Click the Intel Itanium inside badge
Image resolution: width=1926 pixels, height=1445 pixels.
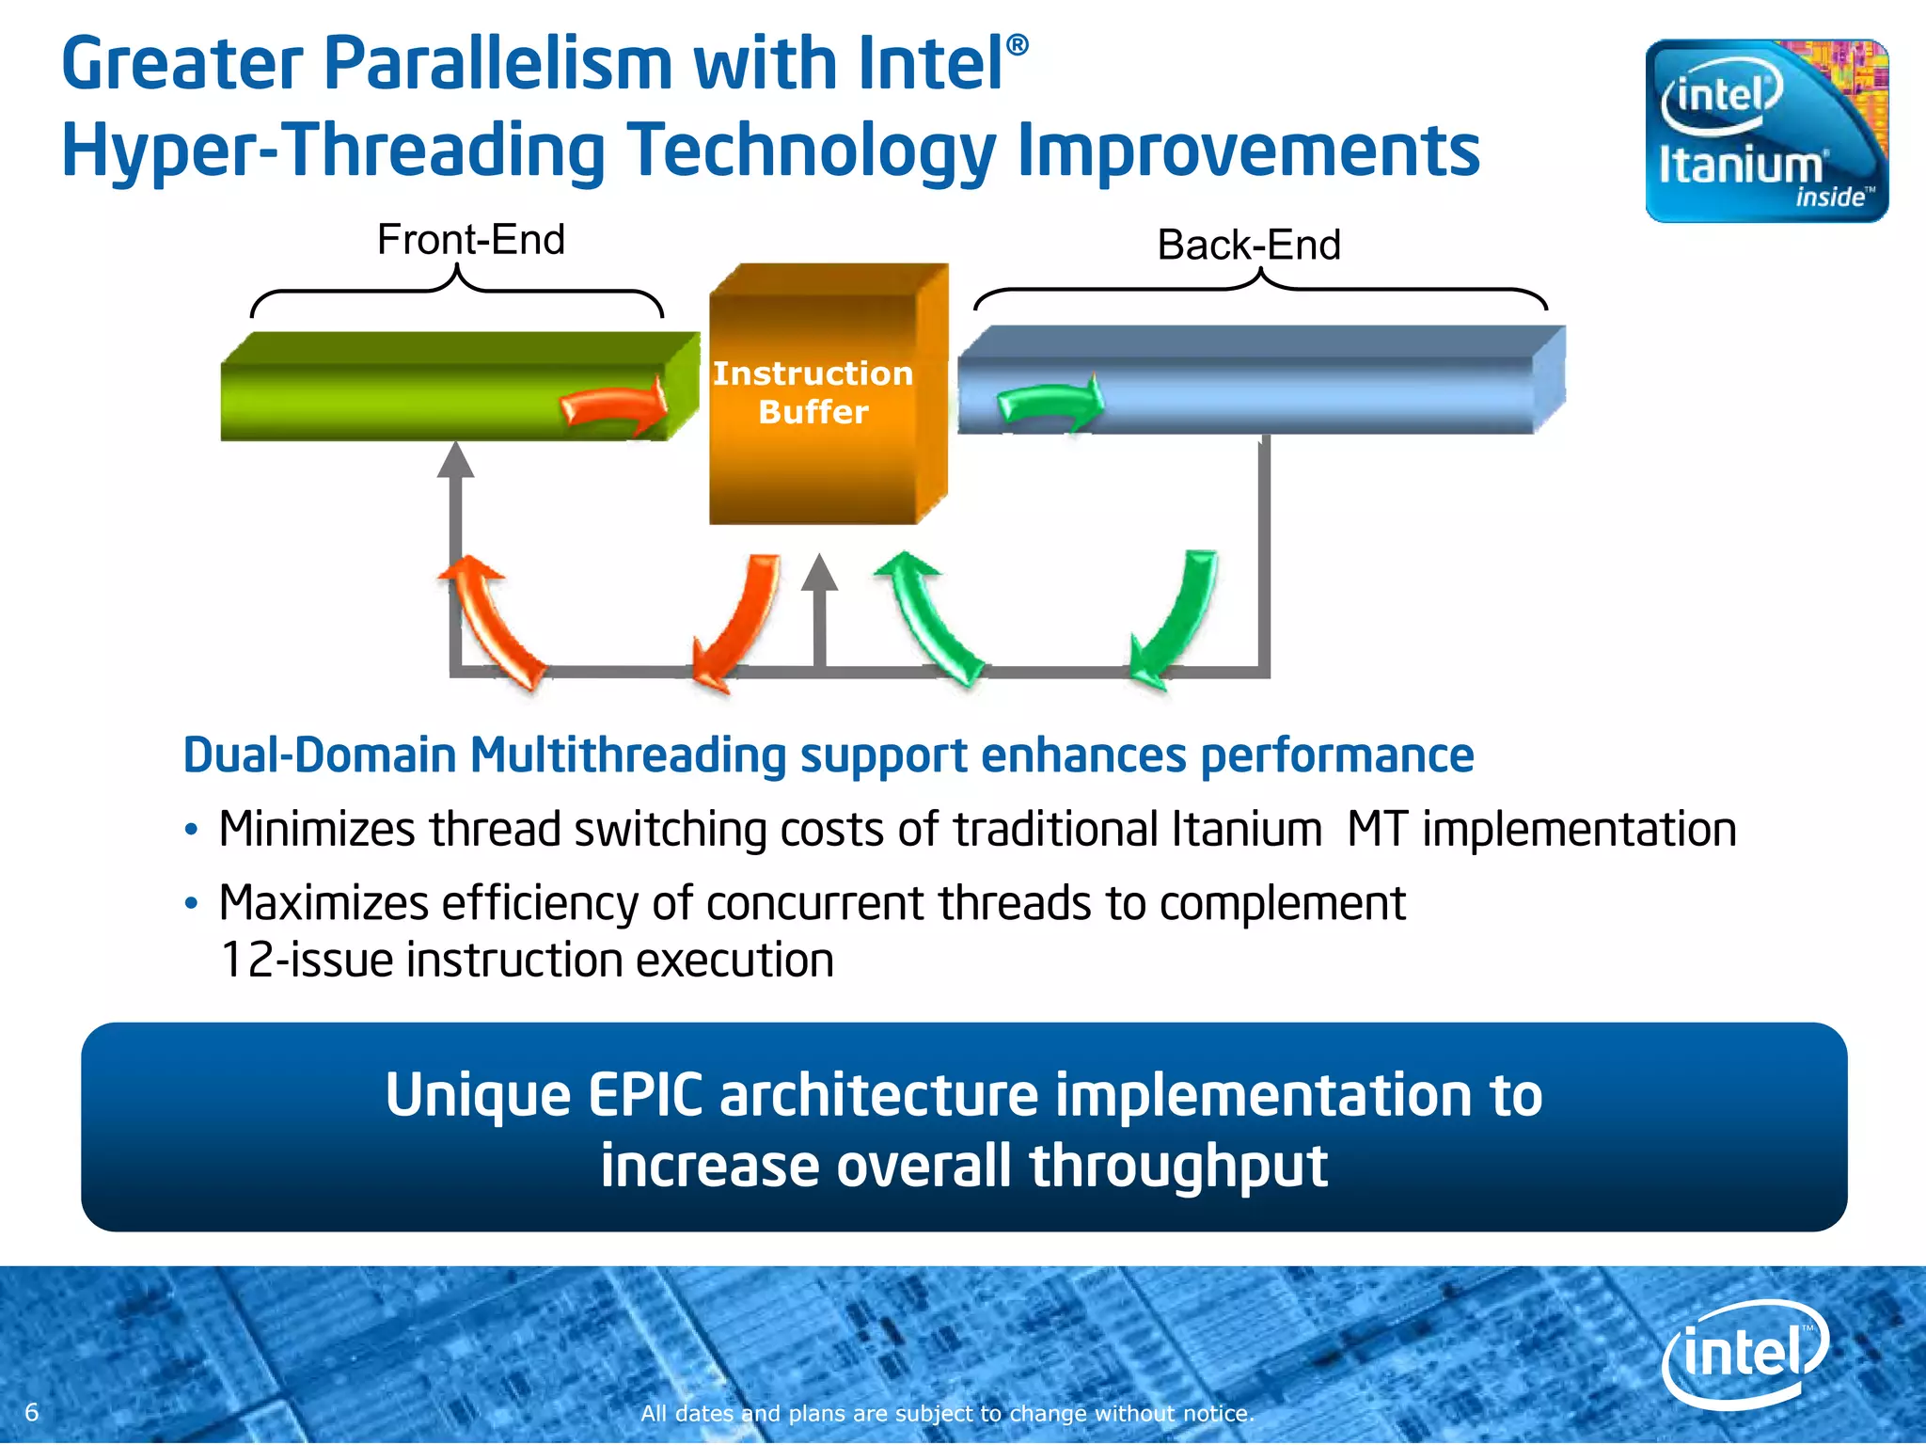[x=1766, y=131]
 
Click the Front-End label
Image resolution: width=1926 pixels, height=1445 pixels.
[x=470, y=240]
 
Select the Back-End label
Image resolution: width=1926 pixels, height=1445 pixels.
[x=1248, y=246]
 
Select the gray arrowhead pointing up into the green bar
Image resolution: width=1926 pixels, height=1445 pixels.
[x=456, y=460]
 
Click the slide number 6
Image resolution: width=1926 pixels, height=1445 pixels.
[x=32, y=1411]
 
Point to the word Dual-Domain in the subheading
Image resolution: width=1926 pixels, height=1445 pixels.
[x=319, y=755]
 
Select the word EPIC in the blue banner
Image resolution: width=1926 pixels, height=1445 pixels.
[x=645, y=1096]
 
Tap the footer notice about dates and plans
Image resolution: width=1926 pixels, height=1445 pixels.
[x=947, y=1413]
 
